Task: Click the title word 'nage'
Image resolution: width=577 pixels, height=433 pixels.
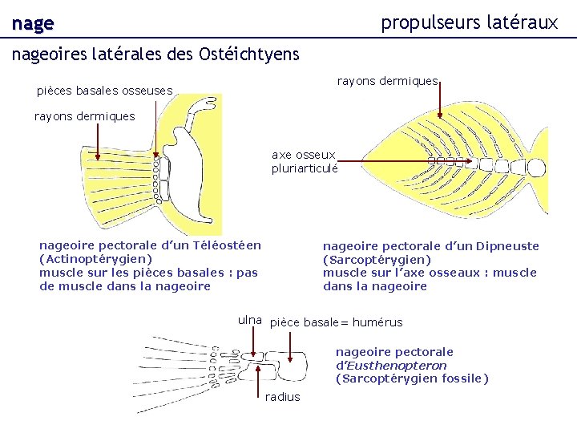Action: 32,24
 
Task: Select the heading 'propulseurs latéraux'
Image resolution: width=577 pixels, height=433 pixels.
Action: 469,22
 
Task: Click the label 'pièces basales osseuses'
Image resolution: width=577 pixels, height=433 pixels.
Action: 104,91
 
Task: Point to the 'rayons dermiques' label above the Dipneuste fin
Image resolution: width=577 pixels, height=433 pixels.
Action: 387,81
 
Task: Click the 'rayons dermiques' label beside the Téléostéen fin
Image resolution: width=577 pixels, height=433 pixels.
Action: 84,116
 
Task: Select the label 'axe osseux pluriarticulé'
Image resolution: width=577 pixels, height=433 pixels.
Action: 305,161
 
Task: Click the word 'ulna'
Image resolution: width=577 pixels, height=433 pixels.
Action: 250,320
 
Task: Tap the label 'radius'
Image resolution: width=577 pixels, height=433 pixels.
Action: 282,397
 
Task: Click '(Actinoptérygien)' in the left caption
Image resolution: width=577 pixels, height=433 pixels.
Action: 95,259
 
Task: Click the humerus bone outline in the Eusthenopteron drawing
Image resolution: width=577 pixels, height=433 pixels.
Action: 293,365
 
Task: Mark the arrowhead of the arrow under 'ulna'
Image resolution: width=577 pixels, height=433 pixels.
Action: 254,358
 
